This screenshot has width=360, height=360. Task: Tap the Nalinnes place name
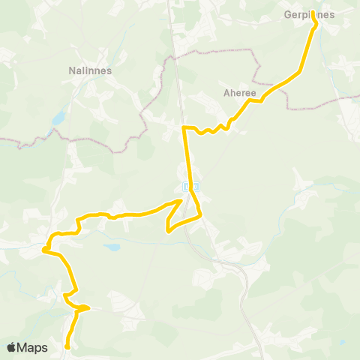[89, 70]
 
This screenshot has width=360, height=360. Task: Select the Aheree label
[240, 93]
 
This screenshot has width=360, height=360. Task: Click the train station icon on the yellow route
[190, 184]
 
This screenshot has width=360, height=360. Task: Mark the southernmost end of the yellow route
[67, 346]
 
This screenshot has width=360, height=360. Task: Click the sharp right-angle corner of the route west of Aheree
[184, 128]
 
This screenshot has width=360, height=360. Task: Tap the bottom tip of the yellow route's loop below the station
[167, 231]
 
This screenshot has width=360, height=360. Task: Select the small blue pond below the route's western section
[112, 247]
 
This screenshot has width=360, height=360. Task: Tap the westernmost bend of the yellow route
[45, 247]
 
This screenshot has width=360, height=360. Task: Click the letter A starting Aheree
[226, 93]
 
